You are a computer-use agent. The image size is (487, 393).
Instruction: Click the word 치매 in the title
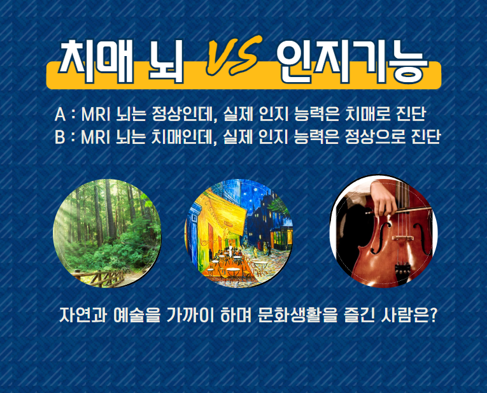tap(97, 62)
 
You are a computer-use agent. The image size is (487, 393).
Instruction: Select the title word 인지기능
tap(353, 62)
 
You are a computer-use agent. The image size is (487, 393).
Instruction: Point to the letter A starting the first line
tap(60, 114)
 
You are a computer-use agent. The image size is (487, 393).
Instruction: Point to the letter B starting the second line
tap(60, 137)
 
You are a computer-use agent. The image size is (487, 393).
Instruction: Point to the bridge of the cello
tap(403, 238)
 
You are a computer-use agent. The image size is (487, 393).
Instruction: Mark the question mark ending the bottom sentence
tap(433, 315)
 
